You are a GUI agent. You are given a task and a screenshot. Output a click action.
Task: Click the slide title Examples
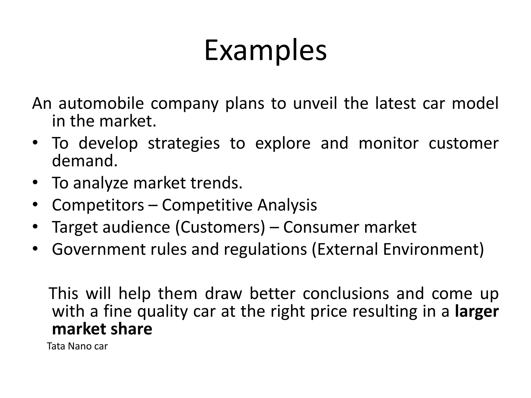coord(265,51)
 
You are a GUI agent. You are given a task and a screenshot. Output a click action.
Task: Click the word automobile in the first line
coord(101,103)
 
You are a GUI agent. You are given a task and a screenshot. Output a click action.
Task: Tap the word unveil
coord(315,103)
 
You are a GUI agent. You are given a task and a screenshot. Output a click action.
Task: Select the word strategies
coord(184,143)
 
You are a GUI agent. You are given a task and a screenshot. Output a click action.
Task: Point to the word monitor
coord(388,143)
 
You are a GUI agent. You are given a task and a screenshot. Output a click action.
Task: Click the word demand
coord(85,161)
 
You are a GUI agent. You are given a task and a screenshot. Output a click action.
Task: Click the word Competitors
coord(98,205)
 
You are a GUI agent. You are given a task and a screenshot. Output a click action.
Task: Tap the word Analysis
coord(287,205)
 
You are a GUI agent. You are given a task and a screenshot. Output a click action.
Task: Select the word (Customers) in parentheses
coord(220,227)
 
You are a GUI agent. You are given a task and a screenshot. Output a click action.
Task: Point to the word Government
coord(99,249)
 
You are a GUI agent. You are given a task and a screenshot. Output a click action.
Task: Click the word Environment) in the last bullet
coord(433,249)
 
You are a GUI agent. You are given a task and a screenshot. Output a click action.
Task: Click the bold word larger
coord(477,311)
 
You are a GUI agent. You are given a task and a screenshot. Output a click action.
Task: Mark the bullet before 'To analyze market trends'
coord(36,183)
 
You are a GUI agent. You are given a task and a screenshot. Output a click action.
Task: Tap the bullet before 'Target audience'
coord(36,227)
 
